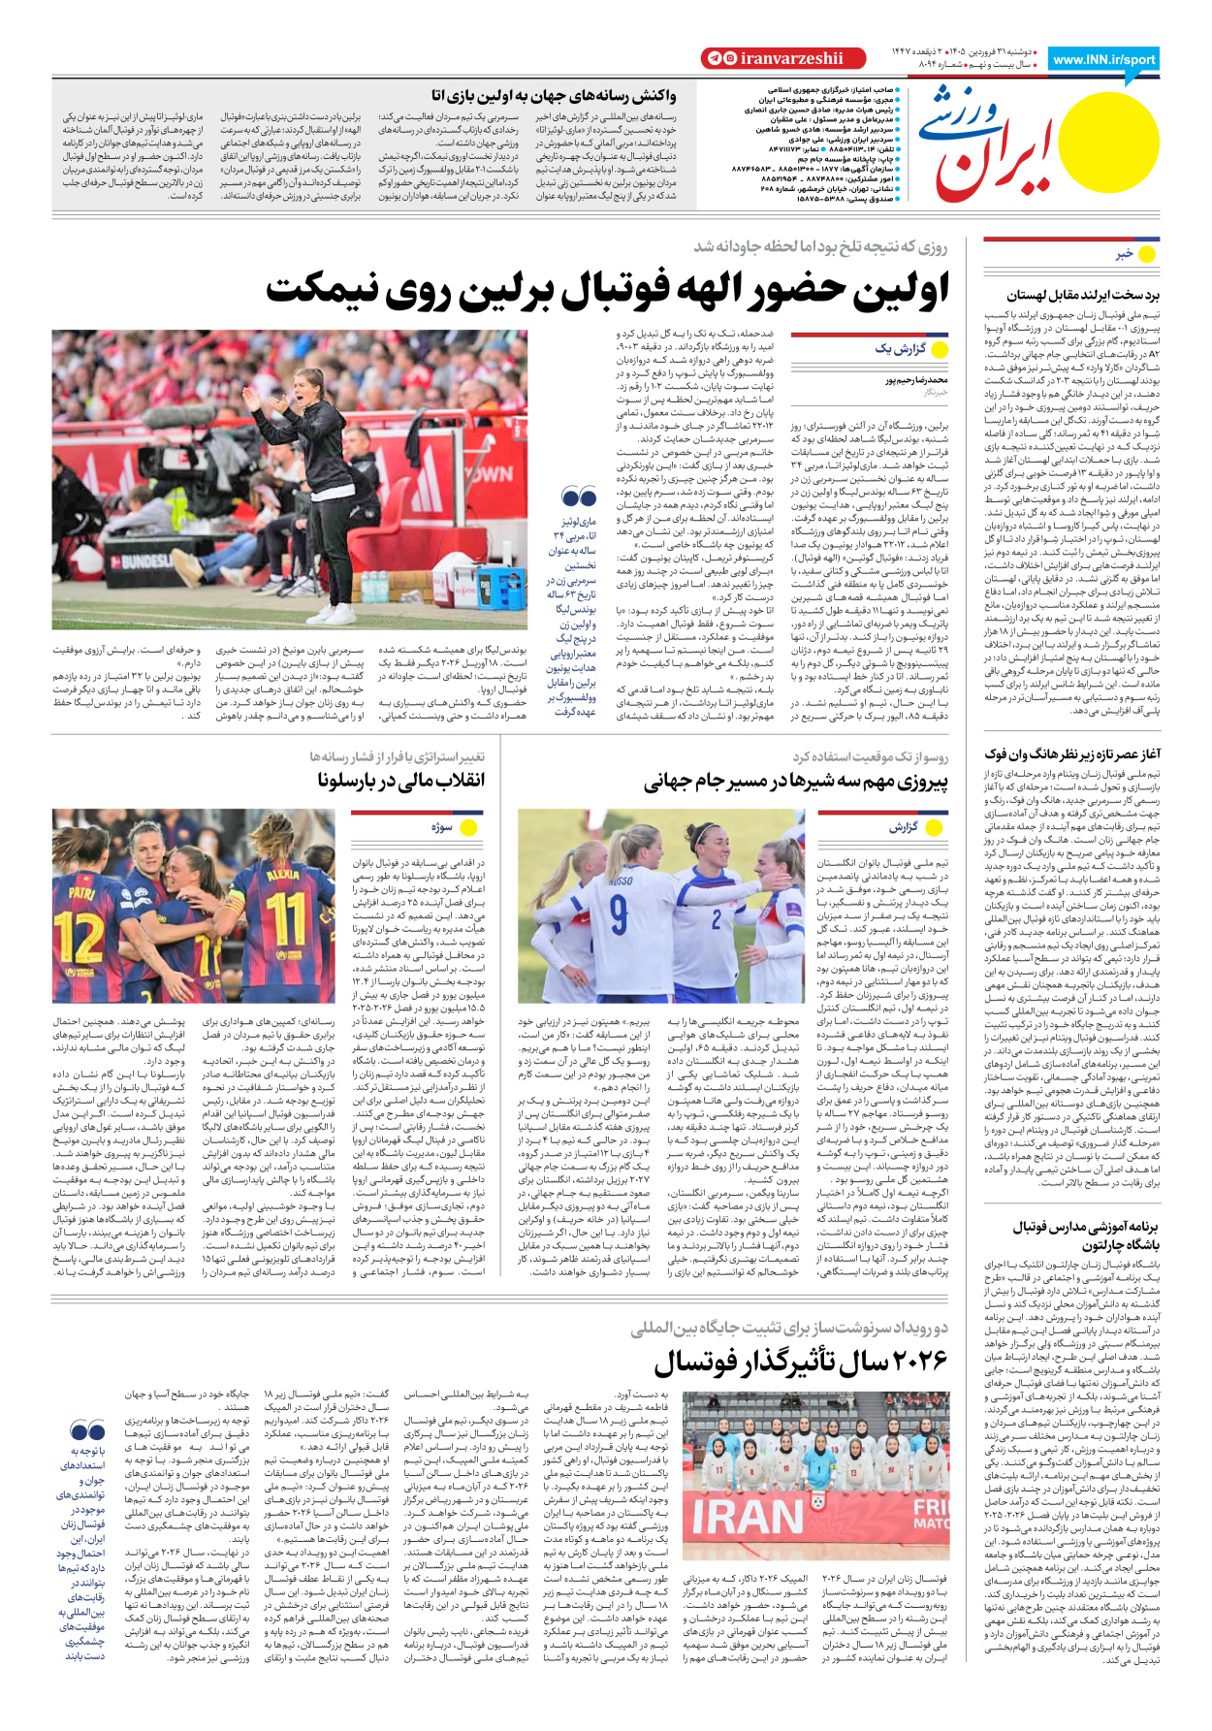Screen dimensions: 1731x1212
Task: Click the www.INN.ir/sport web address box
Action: click(x=1103, y=59)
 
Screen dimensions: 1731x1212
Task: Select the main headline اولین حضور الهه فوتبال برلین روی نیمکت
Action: click(x=607, y=290)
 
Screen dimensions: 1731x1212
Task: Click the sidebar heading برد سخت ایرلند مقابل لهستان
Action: click(x=1082, y=295)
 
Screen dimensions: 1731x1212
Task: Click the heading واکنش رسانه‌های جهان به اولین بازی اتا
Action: click(x=554, y=96)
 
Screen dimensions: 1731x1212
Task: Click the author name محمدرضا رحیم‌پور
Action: click(x=916, y=381)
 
